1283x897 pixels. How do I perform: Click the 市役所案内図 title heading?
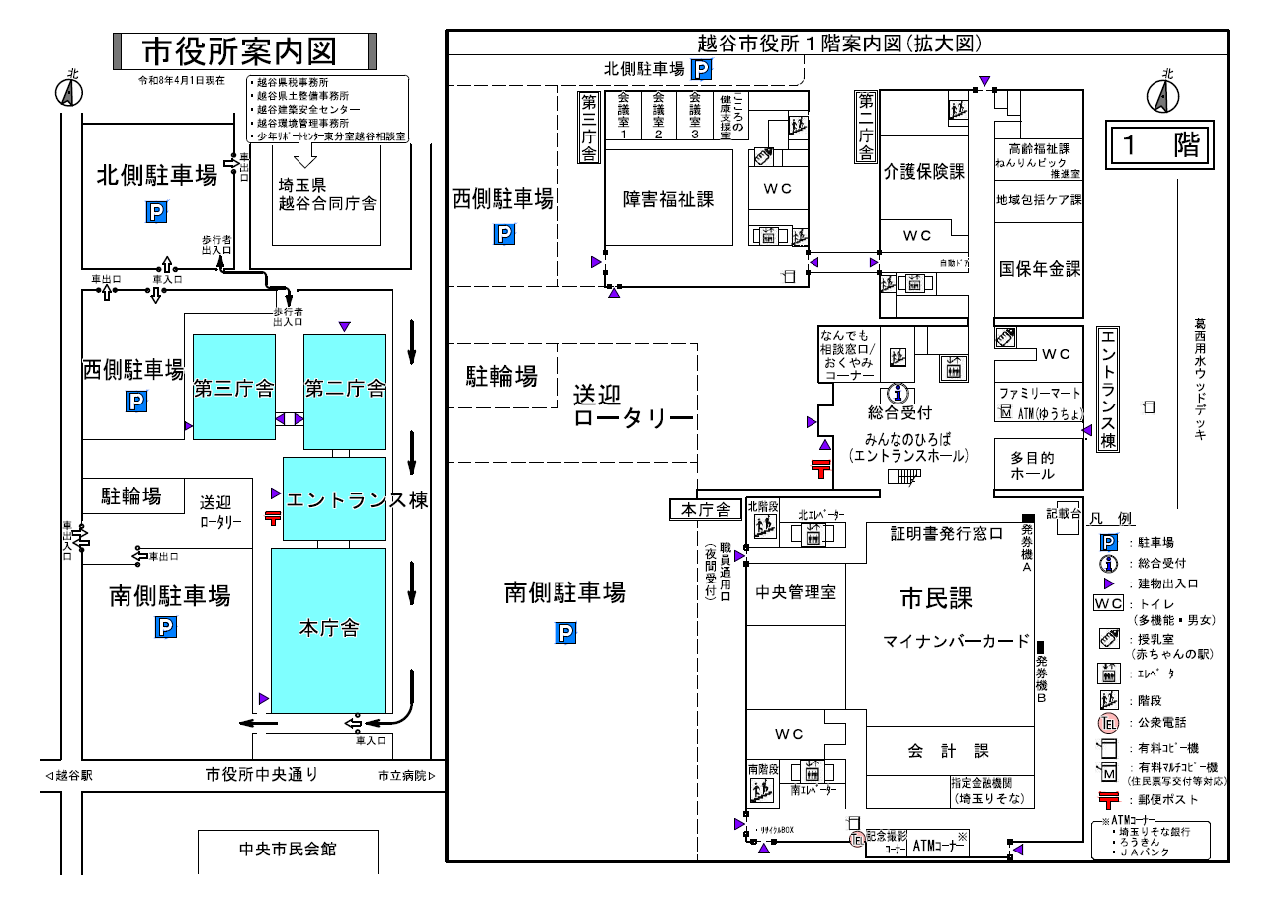tap(241, 49)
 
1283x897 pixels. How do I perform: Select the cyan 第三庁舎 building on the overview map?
tap(233, 388)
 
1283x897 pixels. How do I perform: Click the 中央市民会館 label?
tap(288, 850)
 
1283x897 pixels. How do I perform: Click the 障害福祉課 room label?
tap(668, 199)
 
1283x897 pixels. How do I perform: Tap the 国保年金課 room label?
tap(1040, 269)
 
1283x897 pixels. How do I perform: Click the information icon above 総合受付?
tap(897, 394)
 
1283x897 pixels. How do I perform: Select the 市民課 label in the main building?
tap(936, 598)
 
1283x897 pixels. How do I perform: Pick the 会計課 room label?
tap(948, 752)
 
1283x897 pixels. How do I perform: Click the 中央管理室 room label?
tap(796, 593)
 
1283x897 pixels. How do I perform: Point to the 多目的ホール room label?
tap(1032, 466)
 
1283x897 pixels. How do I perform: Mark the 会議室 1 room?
tap(623, 117)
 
